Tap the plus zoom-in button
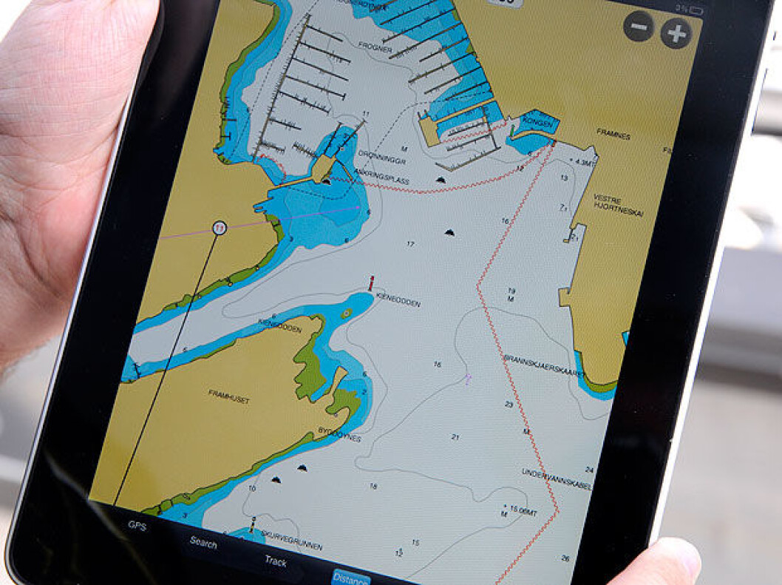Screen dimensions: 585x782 [676, 33]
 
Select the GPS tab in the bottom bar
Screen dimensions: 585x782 [137, 526]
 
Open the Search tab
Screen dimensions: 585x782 [203, 543]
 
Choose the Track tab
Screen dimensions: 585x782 [276, 561]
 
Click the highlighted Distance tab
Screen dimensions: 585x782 [350, 576]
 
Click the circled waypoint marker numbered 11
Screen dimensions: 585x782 [219, 229]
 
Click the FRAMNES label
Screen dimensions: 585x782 [614, 136]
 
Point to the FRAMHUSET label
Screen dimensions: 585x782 [228, 396]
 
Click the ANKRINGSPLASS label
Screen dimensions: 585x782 [381, 175]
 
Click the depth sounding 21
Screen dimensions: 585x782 [455, 437]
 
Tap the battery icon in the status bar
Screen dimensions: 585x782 [696, 10]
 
